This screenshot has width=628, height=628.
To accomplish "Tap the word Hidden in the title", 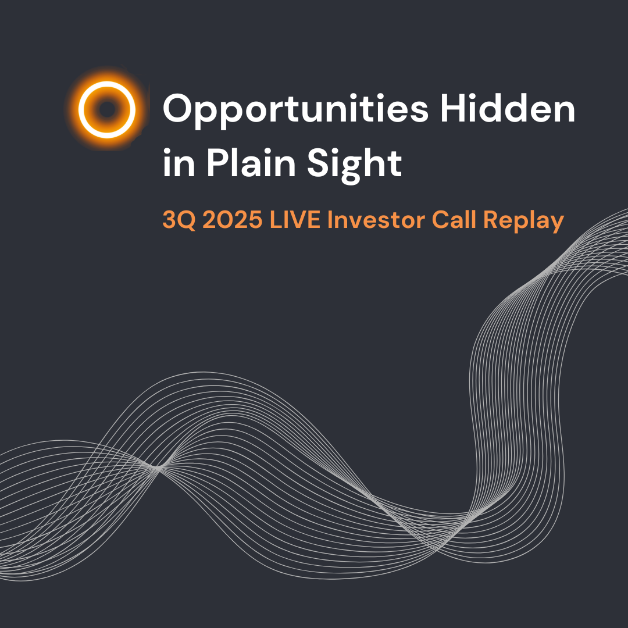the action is pyautogui.click(x=508, y=108).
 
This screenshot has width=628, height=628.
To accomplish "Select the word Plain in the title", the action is pyautogui.click(x=251, y=163).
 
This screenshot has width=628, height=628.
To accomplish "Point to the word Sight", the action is pyautogui.click(x=355, y=166).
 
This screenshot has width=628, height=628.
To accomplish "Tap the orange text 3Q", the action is pyautogui.click(x=179, y=220).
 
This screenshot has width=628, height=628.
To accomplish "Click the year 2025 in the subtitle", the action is pyautogui.click(x=233, y=220).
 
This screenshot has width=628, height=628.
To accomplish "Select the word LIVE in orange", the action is pyautogui.click(x=295, y=220).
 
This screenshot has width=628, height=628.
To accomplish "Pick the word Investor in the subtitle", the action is pyautogui.click(x=376, y=220).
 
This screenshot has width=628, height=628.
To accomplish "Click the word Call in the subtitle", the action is pyautogui.click(x=454, y=219).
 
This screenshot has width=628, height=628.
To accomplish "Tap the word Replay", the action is pyautogui.click(x=523, y=222).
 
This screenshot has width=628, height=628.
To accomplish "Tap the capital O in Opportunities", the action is pyautogui.click(x=179, y=108).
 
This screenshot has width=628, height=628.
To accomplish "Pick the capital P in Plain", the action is pyautogui.click(x=218, y=163).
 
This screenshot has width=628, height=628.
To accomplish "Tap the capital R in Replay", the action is pyautogui.click(x=491, y=220).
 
